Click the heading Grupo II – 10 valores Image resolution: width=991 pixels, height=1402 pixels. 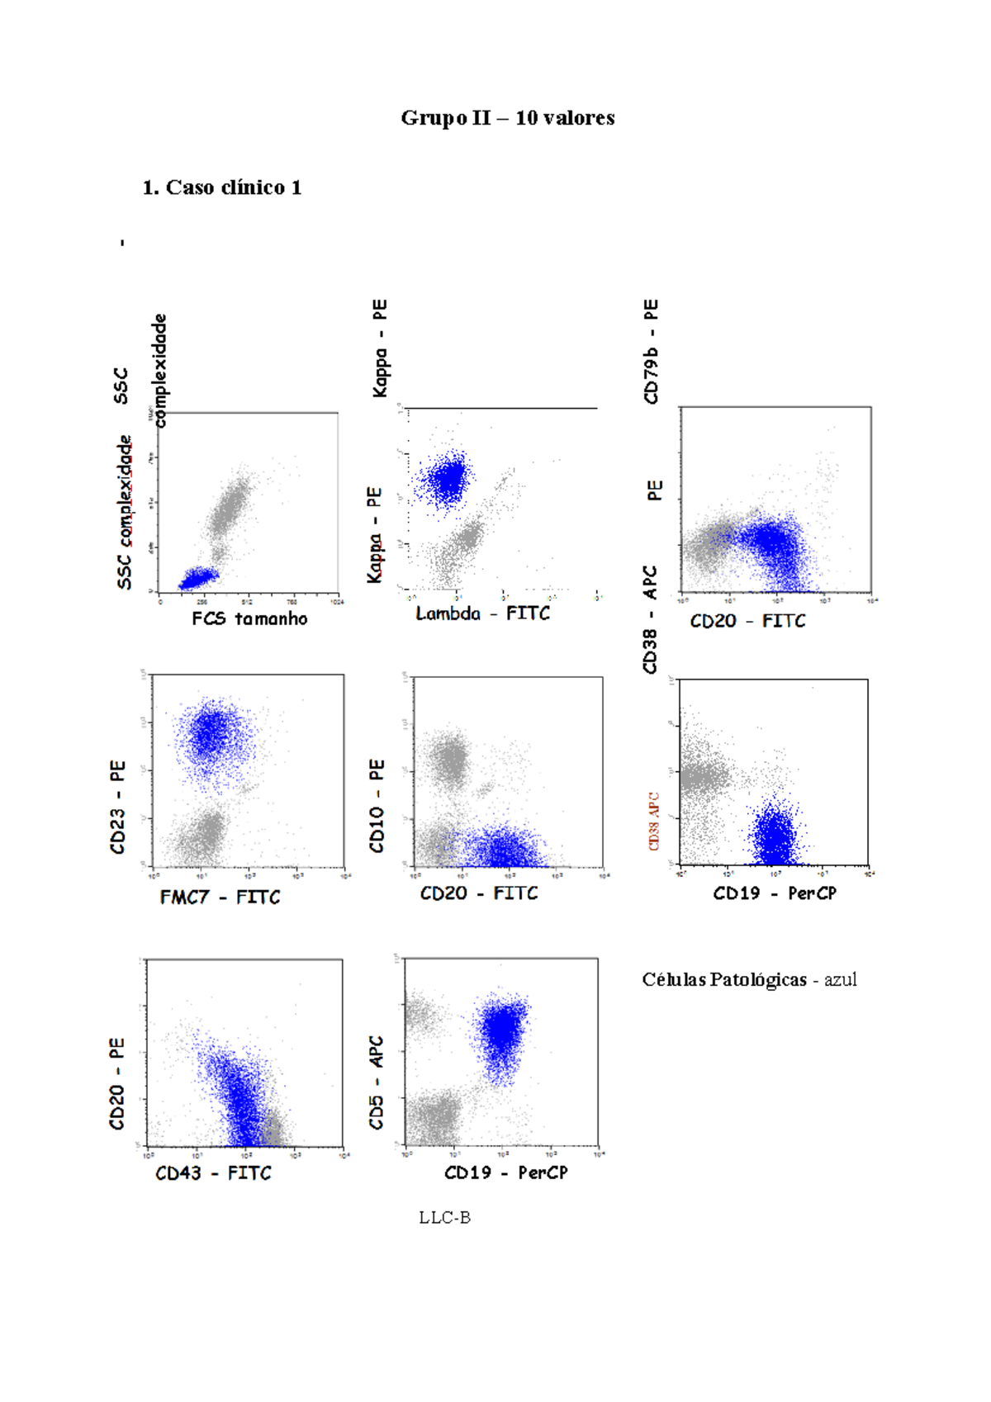[x=507, y=118]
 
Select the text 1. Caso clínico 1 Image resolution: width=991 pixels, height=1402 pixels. [x=221, y=187]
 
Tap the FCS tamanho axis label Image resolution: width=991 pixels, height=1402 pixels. [x=249, y=618]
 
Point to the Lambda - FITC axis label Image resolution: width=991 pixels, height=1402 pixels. [x=482, y=613]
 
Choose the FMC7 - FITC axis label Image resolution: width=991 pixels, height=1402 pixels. [x=220, y=897]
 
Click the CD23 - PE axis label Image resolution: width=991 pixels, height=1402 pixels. [x=117, y=807]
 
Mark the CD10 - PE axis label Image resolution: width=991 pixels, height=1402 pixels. [x=377, y=805]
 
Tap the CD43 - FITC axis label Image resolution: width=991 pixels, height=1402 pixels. [x=213, y=1173]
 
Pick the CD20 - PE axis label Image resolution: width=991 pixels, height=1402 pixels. [x=116, y=1083]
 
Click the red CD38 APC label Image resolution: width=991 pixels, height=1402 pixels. [x=653, y=822]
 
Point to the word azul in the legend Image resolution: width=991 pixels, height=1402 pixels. [x=840, y=980]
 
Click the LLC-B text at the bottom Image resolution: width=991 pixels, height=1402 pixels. [x=444, y=1217]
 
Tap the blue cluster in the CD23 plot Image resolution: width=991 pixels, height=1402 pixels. [x=213, y=732]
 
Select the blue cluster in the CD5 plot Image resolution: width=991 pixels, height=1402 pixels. [x=501, y=1031]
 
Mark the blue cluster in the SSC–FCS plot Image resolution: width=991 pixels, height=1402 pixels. [x=197, y=578]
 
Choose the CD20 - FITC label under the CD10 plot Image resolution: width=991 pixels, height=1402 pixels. [x=479, y=893]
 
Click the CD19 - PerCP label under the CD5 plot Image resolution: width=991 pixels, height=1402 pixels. [x=505, y=1172]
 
